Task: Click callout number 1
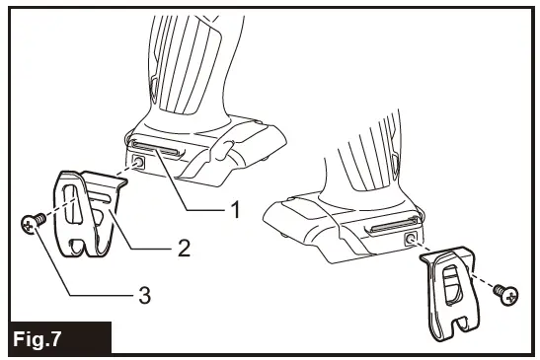(235, 208)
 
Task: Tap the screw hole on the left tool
(140, 161)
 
